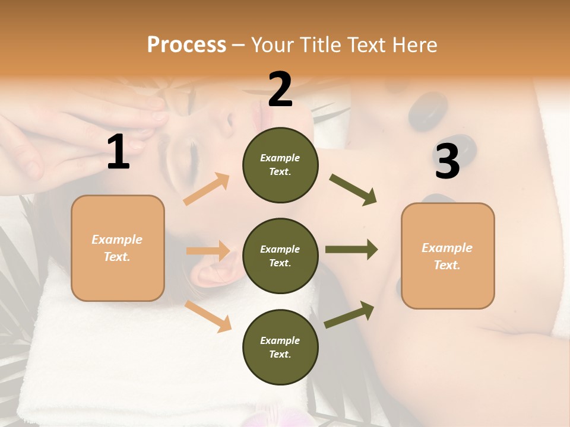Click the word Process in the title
186,44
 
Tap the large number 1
118,152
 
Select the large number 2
280,89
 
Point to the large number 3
447,161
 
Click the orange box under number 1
118,248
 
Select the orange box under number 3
448,256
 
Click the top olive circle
280,165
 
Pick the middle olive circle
280,256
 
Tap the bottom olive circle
280,347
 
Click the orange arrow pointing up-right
207,189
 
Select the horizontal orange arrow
208,251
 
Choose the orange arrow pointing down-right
208,316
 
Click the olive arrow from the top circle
353,190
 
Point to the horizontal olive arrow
351,250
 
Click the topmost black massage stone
427,111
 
